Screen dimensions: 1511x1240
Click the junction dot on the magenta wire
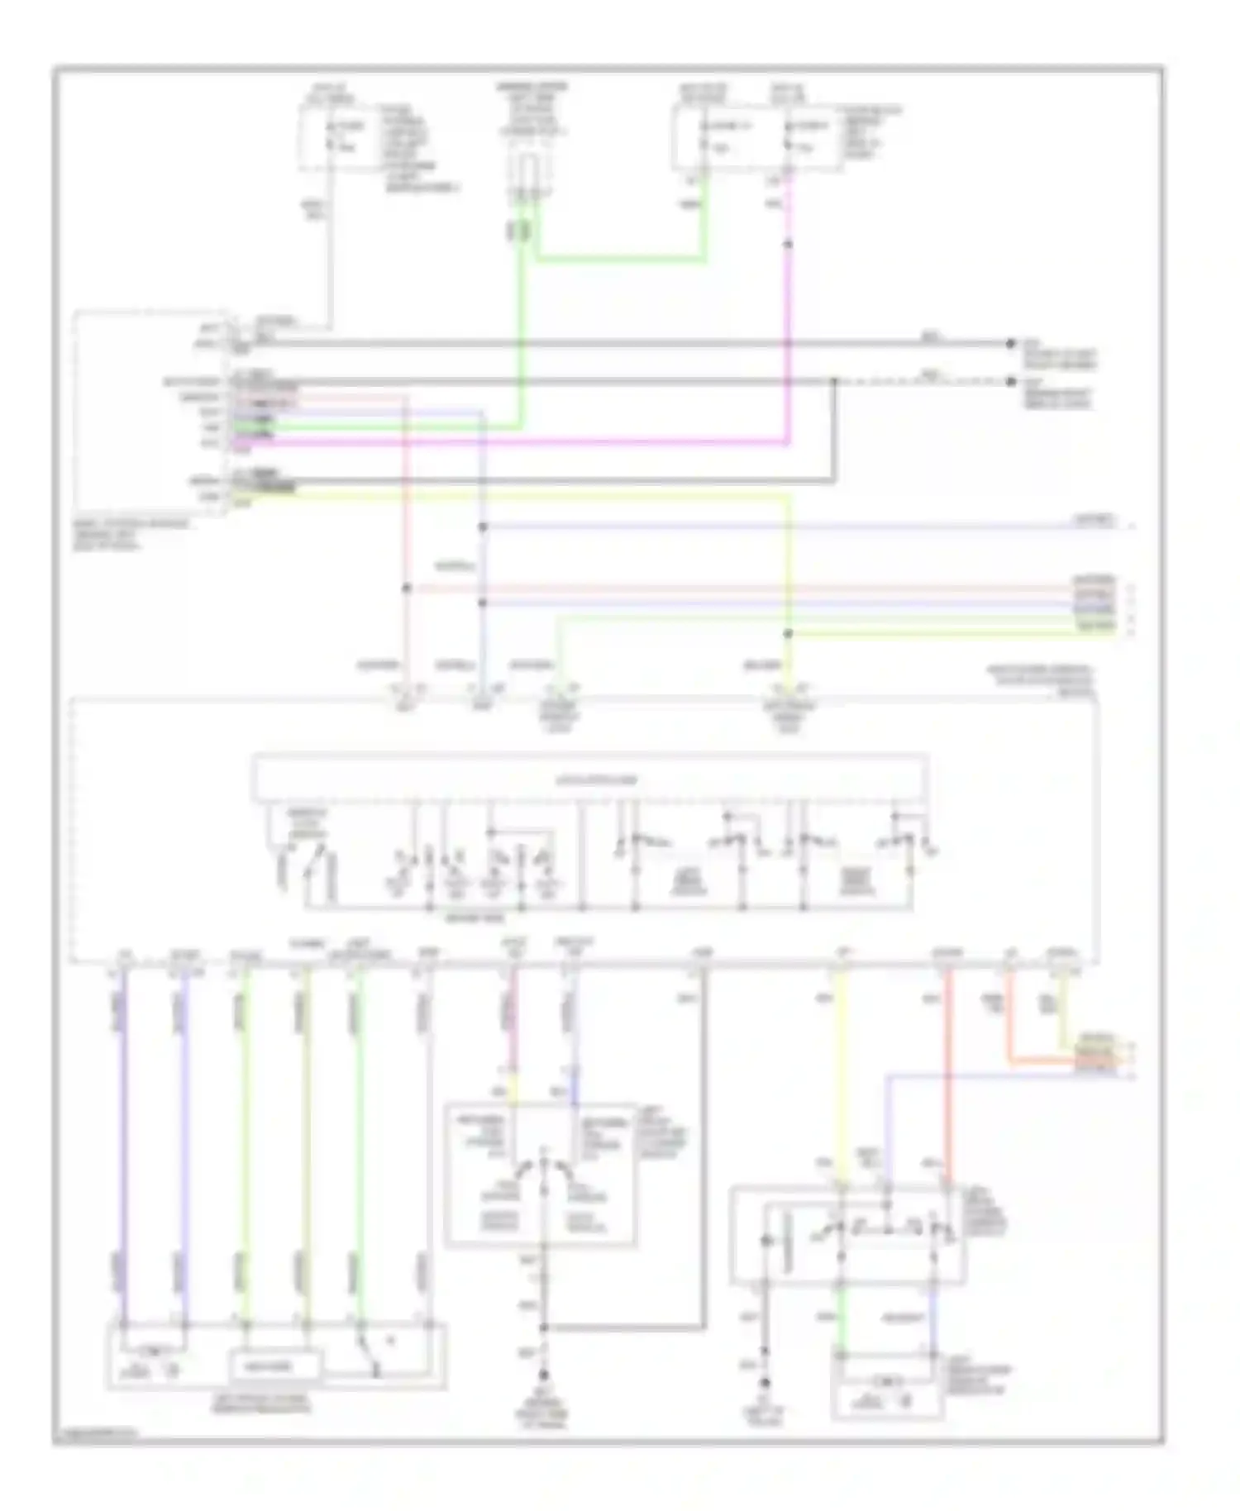788,245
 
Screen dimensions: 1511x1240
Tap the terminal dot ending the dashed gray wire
1010,382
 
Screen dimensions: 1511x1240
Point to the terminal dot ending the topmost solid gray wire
1010,343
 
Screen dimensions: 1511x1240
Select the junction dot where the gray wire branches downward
834,382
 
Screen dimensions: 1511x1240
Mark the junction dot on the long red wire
406,589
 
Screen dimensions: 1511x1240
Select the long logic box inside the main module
589,779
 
